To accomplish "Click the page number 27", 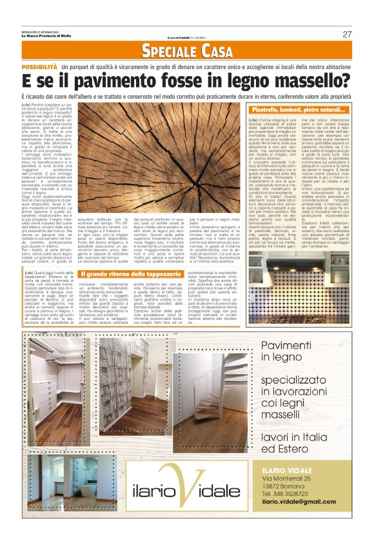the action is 347,34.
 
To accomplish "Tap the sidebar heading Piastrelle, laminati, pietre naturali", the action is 298,111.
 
